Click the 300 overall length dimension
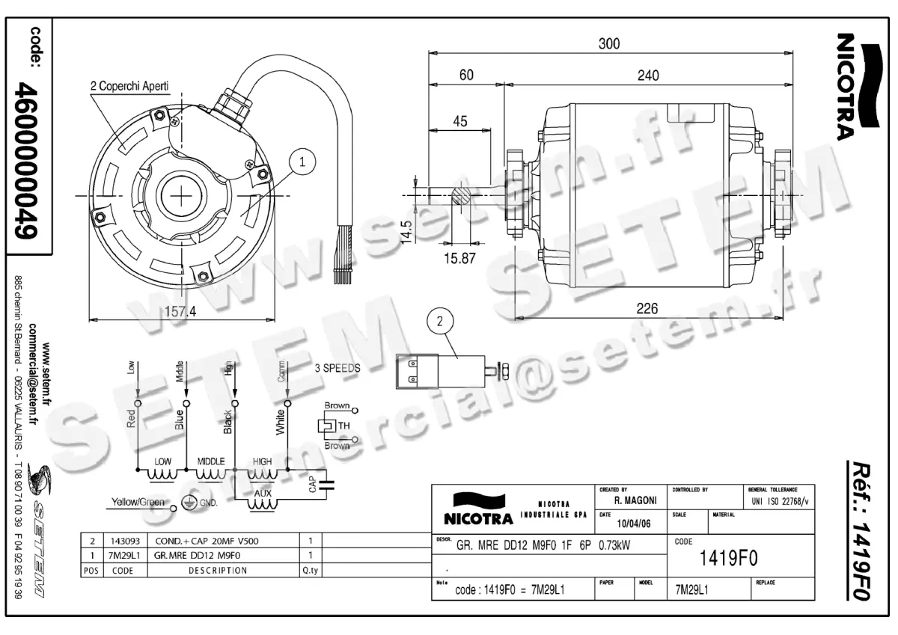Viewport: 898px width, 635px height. click(609, 44)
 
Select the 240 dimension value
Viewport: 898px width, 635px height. click(648, 76)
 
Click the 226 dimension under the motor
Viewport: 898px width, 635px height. click(647, 308)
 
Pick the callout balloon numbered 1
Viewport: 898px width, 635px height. click(302, 160)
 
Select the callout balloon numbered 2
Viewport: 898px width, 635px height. click(440, 322)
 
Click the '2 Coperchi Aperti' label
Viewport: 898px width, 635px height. click(129, 86)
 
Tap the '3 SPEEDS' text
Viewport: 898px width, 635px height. click(337, 369)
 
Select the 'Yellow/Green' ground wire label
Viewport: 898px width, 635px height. click(138, 502)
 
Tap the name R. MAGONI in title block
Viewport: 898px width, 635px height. click(635, 500)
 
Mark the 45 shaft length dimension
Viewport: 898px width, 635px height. click(460, 121)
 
